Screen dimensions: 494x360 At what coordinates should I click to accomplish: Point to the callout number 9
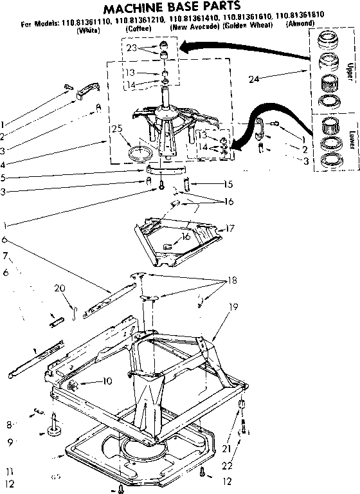[x=10, y=443]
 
